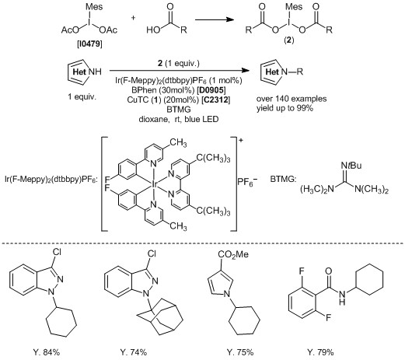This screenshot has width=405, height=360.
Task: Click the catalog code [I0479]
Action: (89, 44)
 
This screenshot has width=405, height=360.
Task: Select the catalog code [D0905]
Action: (211, 90)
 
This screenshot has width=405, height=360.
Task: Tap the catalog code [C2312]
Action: (216, 100)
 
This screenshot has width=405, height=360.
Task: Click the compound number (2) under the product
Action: (289, 40)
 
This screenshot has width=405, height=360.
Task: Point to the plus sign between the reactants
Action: (133, 18)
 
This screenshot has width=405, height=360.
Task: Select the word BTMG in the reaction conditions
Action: (179, 110)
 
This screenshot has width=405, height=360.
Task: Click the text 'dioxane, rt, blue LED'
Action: (179, 119)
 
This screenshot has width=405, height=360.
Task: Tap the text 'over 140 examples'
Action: (292, 99)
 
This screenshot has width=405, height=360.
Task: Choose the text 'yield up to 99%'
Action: (285, 108)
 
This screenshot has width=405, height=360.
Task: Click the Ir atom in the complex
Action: (154, 184)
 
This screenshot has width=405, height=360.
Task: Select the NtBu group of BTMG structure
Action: (351, 166)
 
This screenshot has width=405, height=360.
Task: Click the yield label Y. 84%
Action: (47, 352)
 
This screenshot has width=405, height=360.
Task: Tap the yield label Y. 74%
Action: (134, 352)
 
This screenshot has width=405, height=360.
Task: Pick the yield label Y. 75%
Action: (240, 352)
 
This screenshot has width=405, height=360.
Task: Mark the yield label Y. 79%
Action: (320, 352)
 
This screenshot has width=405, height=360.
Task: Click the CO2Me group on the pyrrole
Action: (233, 254)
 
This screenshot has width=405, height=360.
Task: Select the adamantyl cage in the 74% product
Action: (161, 317)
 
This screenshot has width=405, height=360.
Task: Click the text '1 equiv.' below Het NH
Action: (82, 96)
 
